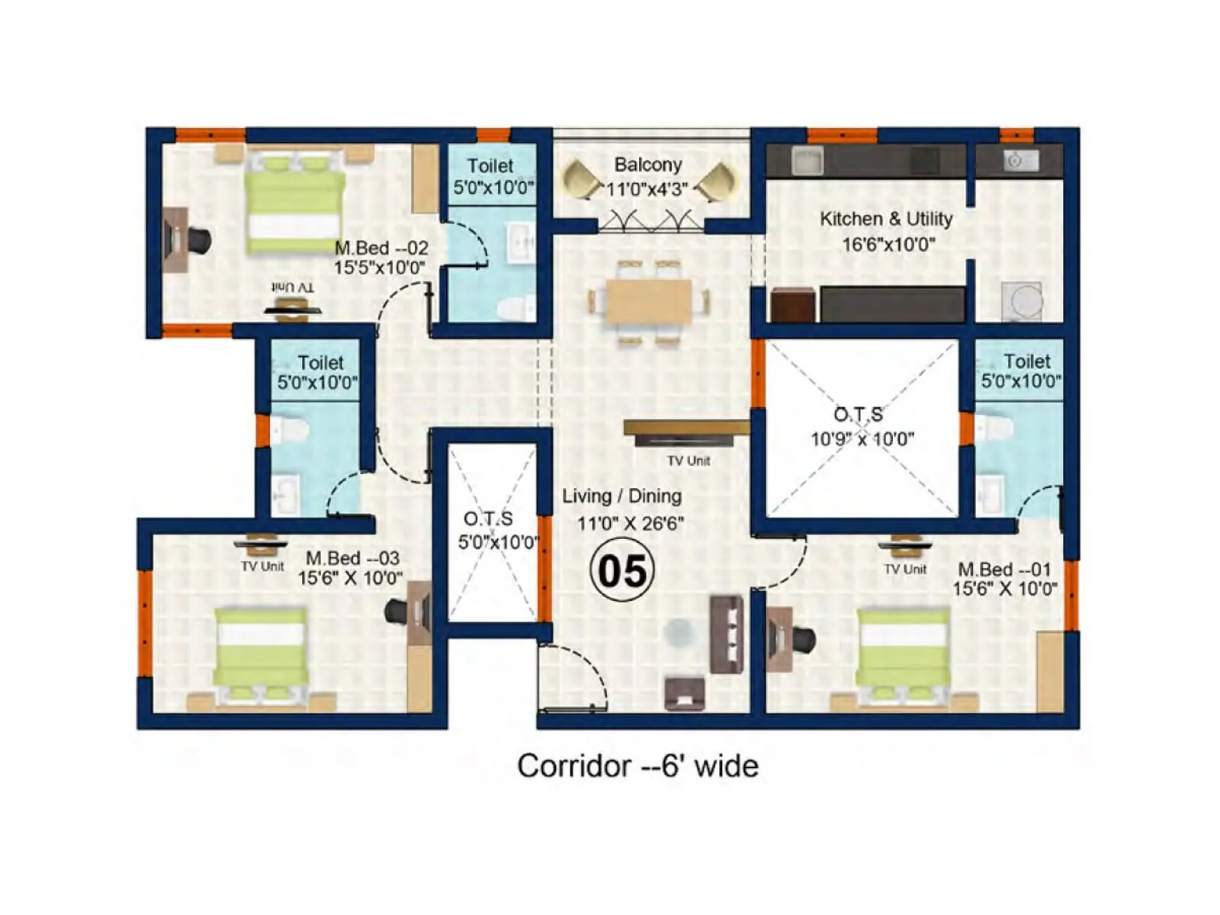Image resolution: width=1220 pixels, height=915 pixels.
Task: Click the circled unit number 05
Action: pyautogui.click(x=622, y=570)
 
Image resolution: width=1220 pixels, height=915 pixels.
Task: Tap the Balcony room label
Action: pyautogui.click(x=648, y=165)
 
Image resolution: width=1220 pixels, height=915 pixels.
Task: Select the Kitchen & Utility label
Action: pyautogui.click(x=886, y=219)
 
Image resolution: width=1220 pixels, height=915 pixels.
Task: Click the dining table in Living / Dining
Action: pyautogui.click(x=649, y=302)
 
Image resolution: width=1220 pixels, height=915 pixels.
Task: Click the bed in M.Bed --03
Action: pyautogui.click(x=262, y=653)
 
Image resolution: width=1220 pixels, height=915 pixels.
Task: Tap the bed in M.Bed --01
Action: pyautogui.click(x=904, y=653)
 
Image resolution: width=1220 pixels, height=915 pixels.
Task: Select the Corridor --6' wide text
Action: pyautogui.click(x=637, y=766)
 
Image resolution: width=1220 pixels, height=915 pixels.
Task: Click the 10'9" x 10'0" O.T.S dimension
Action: pyautogui.click(x=862, y=439)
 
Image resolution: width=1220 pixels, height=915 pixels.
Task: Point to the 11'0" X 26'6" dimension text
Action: pyautogui.click(x=630, y=524)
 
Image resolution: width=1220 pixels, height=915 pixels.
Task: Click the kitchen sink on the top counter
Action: pyautogui.click(x=807, y=161)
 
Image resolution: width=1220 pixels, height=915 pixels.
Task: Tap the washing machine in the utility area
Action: pyautogui.click(x=1022, y=300)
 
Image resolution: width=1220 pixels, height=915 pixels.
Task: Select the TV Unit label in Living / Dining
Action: pyautogui.click(x=689, y=461)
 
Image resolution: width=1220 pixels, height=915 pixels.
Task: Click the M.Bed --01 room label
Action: pyautogui.click(x=1004, y=569)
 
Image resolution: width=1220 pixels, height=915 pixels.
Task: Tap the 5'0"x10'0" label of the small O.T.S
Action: pyautogui.click(x=497, y=542)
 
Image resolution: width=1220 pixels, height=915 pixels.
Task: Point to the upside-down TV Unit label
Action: pyautogui.click(x=293, y=287)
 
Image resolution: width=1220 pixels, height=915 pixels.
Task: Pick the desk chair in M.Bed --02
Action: pyautogui.click(x=200, y=239)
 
